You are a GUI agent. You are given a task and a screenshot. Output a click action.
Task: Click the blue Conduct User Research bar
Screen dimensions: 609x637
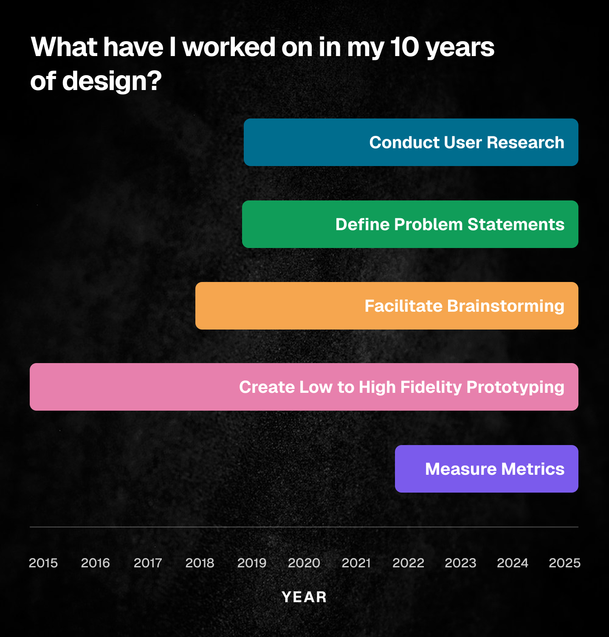pyautogui.click(x=411, y=142)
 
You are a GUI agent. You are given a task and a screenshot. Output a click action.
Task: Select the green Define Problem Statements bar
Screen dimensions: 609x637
pyautogui.click(x=410, y=224)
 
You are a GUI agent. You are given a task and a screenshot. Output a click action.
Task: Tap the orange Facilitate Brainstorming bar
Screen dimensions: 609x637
pyautogui.click(x=387, y=306)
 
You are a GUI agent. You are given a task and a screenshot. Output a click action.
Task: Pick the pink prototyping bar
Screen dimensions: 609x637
pyautogui.click(x=304, y=387)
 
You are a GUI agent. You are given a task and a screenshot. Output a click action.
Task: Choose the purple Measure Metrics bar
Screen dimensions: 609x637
pyautogui.click(x=487, y=469)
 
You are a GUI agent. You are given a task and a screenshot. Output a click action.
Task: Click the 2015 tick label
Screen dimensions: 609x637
pyautogui.click(x=43, y=563)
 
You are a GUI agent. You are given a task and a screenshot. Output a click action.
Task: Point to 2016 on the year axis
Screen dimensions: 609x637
pyautogui.click(x=96, y=563)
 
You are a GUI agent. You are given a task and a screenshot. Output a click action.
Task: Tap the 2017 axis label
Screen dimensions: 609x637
pyautogui.click(x=148, y=563)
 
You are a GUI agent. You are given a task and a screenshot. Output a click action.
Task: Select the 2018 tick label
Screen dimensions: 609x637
pyautogui.click(x=200, y=563)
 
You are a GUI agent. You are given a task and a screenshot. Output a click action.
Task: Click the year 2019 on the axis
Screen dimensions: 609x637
pyautogui.click(x=252, y=563)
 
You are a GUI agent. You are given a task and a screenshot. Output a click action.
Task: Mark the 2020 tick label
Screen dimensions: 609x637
pyautogui.click(x=304, y=563)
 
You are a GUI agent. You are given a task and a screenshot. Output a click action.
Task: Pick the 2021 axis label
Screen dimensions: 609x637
pyautogui.click(x=356, y=563)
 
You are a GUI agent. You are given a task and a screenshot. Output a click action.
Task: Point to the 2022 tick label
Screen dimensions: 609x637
pyautogui.click(x=409, y=563)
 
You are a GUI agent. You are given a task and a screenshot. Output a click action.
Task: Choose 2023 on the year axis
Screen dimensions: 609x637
pyautogui.click(x=461, y=563)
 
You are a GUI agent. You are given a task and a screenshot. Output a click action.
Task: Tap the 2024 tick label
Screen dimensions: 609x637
pyautogui.click(x=513, y=563)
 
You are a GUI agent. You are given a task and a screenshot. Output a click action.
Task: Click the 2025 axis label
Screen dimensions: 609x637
pyautogui.click(x=565, y=563)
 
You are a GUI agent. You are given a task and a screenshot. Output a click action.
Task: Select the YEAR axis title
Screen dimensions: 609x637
pyautogui.click(x=304, y=597)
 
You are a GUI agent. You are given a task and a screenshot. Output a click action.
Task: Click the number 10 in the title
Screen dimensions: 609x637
pyautogui.click(x=404, y=47)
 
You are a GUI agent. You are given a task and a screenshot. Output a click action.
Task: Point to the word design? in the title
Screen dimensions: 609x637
pyautogui.click(x=112, y=82)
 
